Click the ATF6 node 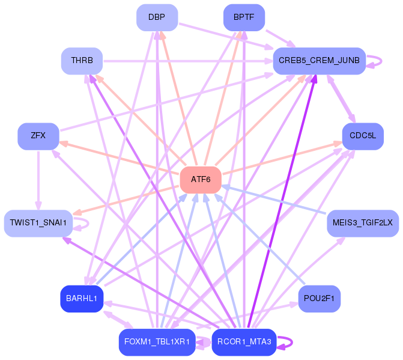coord(201,180)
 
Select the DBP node coord(157,17)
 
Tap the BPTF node coord(244,17)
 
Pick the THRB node coord(82,61)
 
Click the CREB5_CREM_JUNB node coord(319,61)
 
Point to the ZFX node coord(38,136)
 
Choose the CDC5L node coord(363,136)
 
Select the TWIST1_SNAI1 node coord(38,223)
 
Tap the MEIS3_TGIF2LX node coord(363,223)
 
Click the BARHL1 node coord(82,299)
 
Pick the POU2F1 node coord(320,299)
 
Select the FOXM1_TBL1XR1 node coord(157,342)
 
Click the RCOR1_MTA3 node coord(244,342)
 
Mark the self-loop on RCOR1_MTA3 coord(292,342)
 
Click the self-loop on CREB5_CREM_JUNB coord(381,61)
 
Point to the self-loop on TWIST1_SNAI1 coord(88,224)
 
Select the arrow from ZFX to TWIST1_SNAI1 coord(38,180)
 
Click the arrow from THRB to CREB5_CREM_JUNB coord(188,61)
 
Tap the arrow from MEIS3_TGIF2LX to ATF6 coord(274,199)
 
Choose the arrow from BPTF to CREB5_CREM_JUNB coord(280,38)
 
